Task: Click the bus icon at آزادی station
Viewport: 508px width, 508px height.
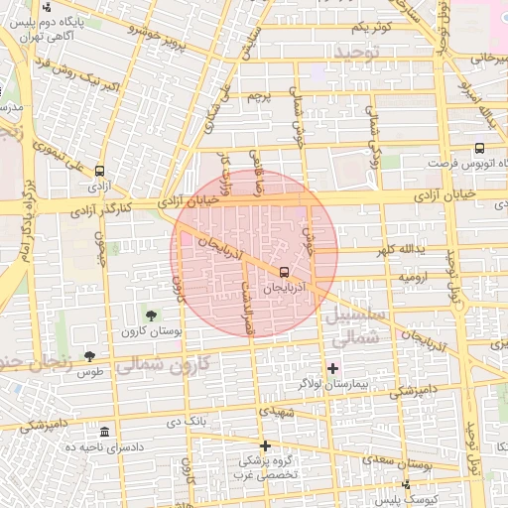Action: [x=99, y=171]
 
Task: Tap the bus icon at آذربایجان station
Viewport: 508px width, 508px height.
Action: [x=285, y=271]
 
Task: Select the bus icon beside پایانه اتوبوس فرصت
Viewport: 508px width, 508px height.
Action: [x=480, y=148]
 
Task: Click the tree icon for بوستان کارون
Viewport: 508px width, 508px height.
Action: [x=151, y=315]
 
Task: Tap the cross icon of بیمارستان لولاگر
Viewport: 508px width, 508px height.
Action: [x=332, y=368]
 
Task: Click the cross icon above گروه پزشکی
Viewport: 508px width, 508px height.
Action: [x=265, y=445]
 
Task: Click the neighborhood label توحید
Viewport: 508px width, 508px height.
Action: [x=358, y=50]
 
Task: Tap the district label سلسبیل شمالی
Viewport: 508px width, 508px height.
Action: [x=350, y=326]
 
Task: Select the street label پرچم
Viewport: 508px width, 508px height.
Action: [x=257, y=96]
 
